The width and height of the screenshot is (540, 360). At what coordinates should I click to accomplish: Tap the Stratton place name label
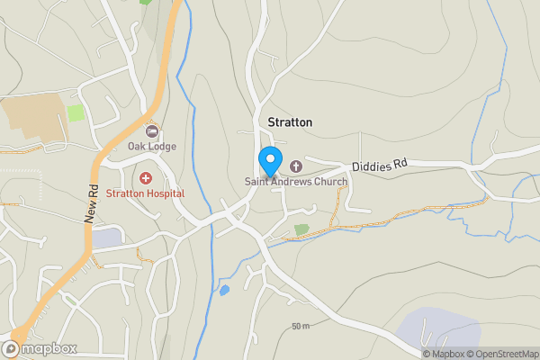[290, 121]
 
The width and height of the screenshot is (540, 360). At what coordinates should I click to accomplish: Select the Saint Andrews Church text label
[296, 181]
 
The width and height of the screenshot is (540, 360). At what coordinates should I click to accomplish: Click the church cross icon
[295, 166]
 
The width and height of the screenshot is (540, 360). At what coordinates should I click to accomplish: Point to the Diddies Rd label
[380, 165]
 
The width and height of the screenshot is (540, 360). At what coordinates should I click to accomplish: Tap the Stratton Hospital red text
[145, 193]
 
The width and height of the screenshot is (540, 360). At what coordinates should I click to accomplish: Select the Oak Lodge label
[151, 147]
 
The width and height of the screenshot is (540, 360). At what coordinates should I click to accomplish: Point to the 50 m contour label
[300, 326]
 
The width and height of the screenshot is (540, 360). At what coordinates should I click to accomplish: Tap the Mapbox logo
[40, 348]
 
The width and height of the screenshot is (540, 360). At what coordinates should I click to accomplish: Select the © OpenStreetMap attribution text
[507, 354]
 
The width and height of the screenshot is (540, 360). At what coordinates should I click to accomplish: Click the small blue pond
[223, 291]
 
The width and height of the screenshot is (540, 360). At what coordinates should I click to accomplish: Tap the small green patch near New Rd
[76, 113]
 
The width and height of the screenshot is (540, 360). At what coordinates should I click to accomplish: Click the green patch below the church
[301, 229]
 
